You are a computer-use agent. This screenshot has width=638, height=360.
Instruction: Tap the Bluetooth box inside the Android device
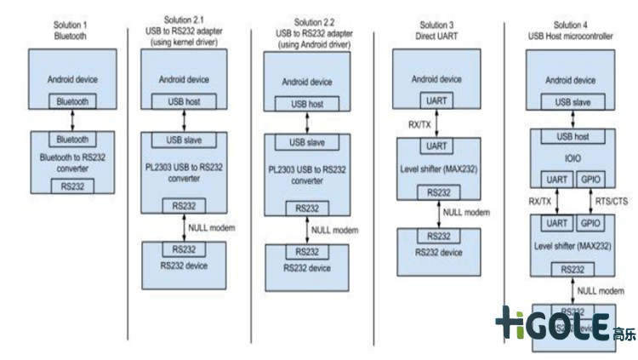click(x=72, y=101)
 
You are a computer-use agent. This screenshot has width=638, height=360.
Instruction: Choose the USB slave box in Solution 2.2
click(x=308, y=142)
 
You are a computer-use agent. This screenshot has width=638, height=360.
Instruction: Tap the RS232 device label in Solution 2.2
click(x=307, y=268)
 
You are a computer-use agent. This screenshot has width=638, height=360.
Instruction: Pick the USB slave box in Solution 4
click(x=573, y=102)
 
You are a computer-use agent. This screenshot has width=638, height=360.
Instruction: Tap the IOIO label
click(x=573, y=157)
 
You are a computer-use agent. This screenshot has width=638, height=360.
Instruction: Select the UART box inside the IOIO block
click(x=556, y=179)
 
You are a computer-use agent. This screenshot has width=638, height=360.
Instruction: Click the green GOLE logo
click(x=553, y=323)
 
